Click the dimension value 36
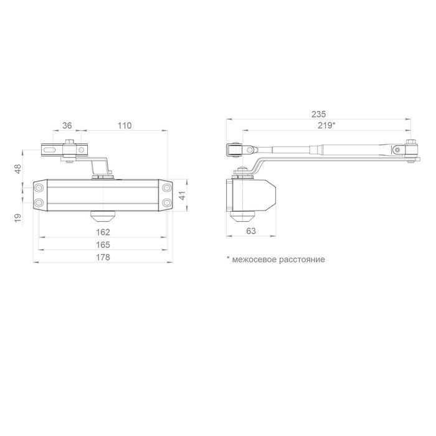68,125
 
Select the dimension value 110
124,125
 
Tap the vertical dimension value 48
17,168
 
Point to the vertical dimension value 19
17,217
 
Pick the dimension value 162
103,232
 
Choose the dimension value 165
103,244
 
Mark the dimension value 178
103,257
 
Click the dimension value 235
318,115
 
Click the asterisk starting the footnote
228,257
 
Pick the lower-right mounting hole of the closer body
166,202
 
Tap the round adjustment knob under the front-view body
103,217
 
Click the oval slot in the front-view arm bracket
50,149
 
